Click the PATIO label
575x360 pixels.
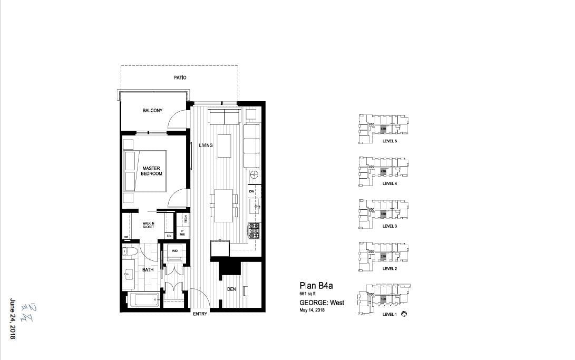tap(180, 77)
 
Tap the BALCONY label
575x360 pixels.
tap(152, 111)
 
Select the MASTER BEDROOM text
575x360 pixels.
tap(152, 171)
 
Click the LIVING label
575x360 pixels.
tap(206, 145)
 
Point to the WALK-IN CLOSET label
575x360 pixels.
tap(149, 225)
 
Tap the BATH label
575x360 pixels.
tap(148, 270)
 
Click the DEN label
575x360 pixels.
tap(231, 289)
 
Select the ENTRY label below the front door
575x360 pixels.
tap(200, 315)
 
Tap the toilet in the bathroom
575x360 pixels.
tap(131, 254)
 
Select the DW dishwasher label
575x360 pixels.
tap(252, 191)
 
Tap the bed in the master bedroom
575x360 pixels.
tap(145, 171)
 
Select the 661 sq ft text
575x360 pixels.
tap(310, 294)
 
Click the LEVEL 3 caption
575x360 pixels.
tap(389, 226)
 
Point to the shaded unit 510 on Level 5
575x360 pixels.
tap(383, 128)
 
